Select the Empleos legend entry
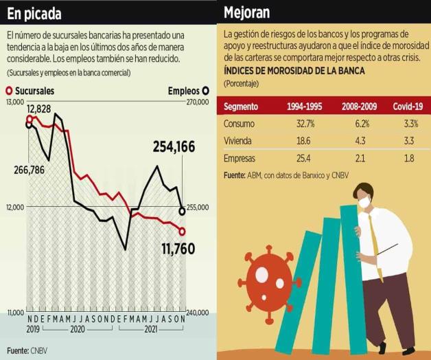tap(188, 91)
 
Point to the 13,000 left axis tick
tap(14, 102)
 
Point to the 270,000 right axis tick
tap(197, 102)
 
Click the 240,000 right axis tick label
tap(197, 313)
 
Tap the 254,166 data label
tap(174, 146)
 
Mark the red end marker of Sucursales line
tap(182, 231)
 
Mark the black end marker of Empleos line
tap(182, 210)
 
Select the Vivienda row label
tap(237, 141)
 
